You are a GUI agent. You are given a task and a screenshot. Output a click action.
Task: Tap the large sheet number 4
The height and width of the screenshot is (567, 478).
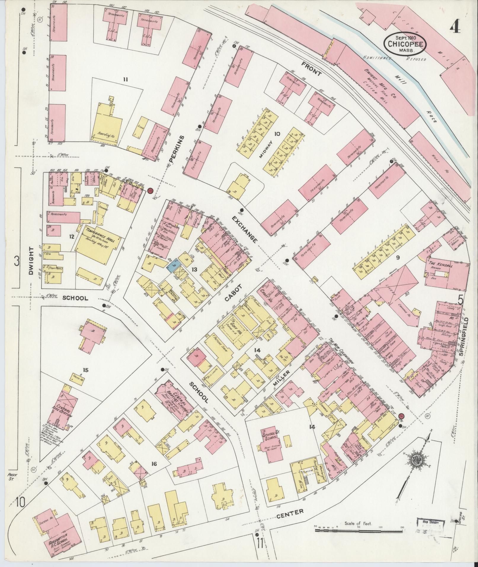pyautogui.click(x=455, y=28)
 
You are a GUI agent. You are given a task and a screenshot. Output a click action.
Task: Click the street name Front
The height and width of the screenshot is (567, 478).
pyautogui.click(x=311, y=69)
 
